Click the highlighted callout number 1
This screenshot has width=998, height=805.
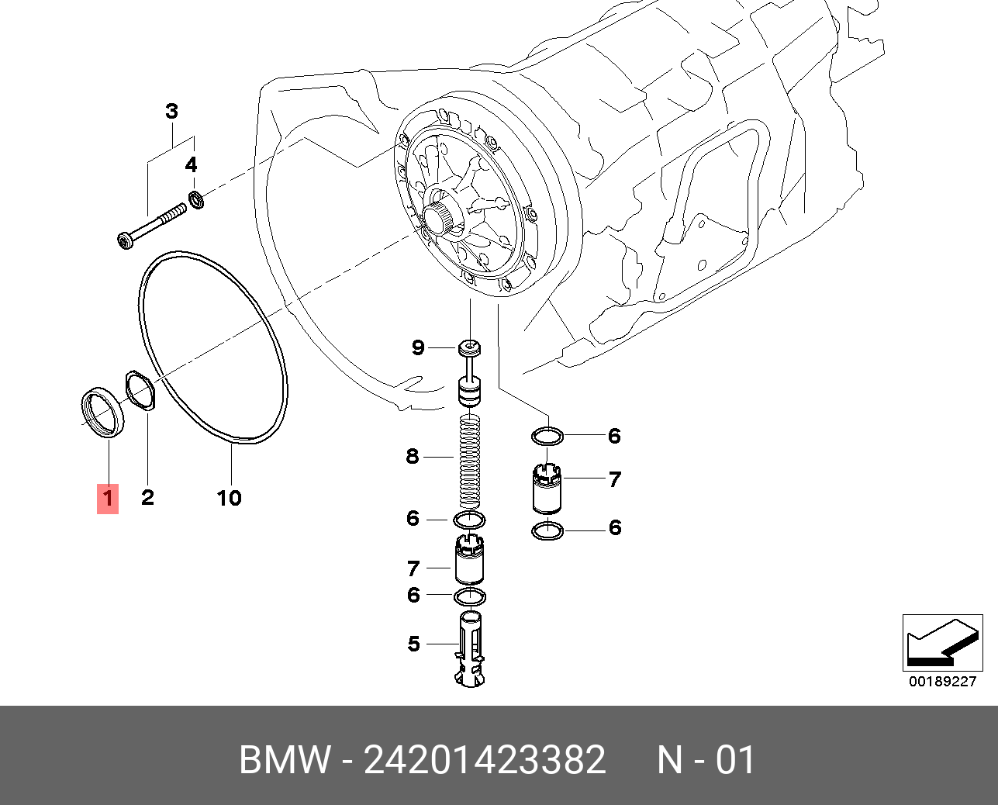(x=108, y=497)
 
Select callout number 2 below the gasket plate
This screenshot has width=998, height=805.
(x=147, y=497)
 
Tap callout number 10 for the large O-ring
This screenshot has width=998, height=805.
(x=229, y=498)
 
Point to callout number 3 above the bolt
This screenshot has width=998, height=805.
(x=171, y=112)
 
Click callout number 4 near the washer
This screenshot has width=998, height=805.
(x=191, y=165)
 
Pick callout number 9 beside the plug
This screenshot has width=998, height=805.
(x=418, y=347)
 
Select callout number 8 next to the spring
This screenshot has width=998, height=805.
(x=413, y=456)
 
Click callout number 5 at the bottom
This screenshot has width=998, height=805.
(x=414, y=644)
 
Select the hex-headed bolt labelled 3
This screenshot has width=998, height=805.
(x=151, y=225)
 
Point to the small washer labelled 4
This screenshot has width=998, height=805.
(x=198, y=200)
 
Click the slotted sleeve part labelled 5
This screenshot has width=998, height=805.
(x=471, y=648)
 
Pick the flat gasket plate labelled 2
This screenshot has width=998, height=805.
(x=140, y=389)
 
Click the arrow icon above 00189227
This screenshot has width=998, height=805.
(x=942, y=643)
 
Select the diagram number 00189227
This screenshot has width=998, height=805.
(x=942, y=682)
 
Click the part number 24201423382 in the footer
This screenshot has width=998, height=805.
(x=485, y=760)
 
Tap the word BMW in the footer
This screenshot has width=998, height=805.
(x=285, y=760)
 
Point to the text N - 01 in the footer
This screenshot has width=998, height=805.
(x=706, y=760)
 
